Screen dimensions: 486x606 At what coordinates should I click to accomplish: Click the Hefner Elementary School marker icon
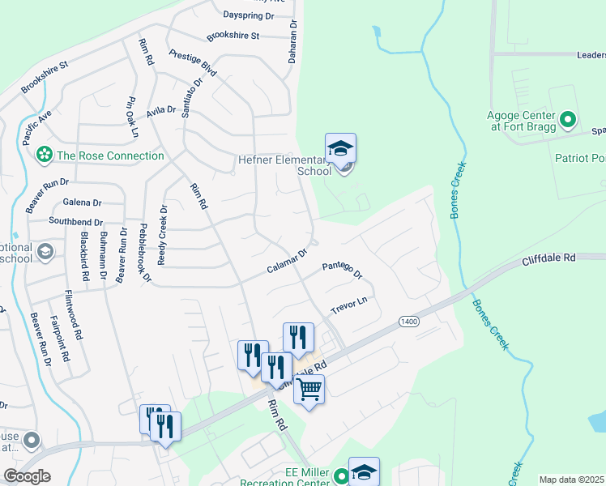point(341,148)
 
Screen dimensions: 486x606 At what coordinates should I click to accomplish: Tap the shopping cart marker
point(309,390)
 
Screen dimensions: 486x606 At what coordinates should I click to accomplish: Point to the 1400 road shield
point(408,322)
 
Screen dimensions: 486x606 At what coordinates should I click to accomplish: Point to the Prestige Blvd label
point(193,62)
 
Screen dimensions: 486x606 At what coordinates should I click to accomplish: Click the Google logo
point(27,475)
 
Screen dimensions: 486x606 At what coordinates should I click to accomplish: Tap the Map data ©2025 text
point(571,480)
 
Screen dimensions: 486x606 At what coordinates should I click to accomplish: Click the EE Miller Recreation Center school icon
point(364,474)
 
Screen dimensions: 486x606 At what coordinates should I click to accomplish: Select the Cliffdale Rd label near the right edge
point(548,258)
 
